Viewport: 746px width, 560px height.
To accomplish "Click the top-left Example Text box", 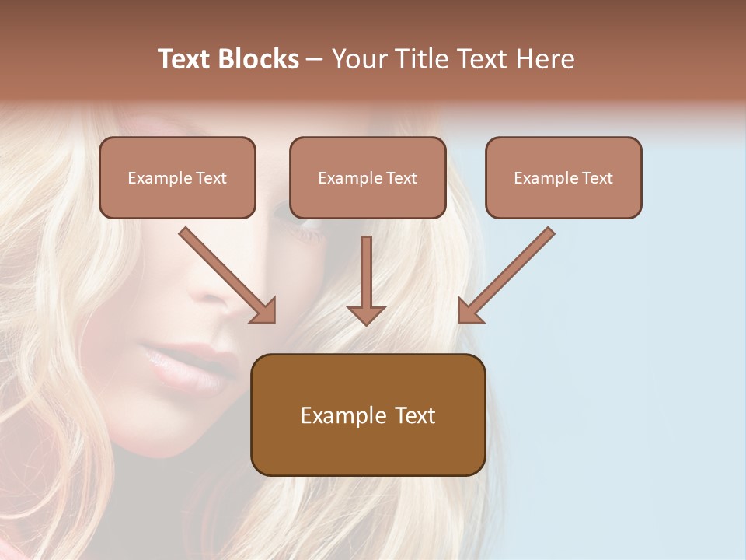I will (x=177, y=178).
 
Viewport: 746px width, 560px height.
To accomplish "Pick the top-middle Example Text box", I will (x=368, y=178).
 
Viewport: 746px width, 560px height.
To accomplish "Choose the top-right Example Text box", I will (x=563, y=178).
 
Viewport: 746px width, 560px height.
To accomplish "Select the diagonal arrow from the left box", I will (x=225, y=274).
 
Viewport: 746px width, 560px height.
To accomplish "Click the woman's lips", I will (x=186, y=366).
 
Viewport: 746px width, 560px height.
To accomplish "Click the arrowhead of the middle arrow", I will (x=366, y=314).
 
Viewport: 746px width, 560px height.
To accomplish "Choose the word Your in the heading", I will (x=358, y=59).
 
